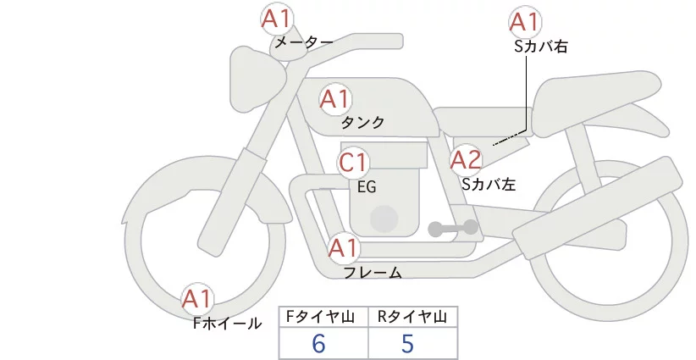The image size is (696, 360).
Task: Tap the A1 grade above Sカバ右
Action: pos(526,23)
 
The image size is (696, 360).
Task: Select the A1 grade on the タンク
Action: pos(334,100)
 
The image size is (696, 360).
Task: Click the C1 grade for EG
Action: pos(353,162)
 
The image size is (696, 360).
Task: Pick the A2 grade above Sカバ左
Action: pos(466,159)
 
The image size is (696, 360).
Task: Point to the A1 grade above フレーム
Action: pos(344,249)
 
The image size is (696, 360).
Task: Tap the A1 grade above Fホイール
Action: pos(198,299)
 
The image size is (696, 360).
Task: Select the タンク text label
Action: pos(363,123)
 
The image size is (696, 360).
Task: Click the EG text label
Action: pos(367,187)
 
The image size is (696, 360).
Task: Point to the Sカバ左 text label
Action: pos(489,183)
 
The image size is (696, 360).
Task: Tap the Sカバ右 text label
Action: pos(540,47)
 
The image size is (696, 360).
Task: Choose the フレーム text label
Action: pos(373,273)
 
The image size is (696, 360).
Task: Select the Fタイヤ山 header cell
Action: pos(323,317)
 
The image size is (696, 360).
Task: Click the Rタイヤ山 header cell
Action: pos(412,317)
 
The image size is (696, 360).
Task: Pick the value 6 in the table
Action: pos(319,343)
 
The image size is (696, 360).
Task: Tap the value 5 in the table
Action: pos(407,343)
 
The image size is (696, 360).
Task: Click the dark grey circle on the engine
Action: pos(385,219)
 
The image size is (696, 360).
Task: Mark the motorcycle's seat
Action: pos(593,93)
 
